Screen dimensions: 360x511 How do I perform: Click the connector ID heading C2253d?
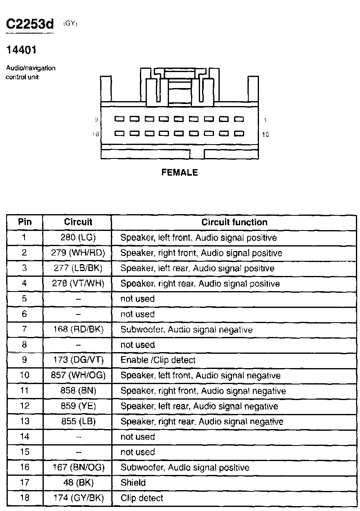tap(30, 25)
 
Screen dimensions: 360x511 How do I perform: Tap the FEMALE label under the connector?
tap(180, 172)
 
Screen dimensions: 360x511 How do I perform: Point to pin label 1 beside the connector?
tap(265, 120)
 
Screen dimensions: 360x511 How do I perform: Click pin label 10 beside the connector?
tap(265, 134)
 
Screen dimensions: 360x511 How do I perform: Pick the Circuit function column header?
tap(234, 222)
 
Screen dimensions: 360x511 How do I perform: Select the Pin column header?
tap(25, 222)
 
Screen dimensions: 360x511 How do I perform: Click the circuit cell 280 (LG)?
tap(78, 237)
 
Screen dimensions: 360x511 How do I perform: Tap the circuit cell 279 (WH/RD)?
tap(78, 253)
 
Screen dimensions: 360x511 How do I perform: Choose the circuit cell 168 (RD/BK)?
tap(78, 330)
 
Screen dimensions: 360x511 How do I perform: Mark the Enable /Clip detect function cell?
tap(158, 360)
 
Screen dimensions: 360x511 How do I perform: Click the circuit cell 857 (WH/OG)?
tap(78, 375)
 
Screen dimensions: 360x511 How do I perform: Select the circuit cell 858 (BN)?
tap(78, 391)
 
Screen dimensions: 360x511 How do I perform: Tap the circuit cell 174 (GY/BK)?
tap(78, 498)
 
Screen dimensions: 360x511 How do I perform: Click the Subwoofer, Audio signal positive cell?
tap(184, 468)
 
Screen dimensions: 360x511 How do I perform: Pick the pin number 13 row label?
tap(25, 422)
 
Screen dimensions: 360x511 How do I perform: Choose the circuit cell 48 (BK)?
tap(78, 483)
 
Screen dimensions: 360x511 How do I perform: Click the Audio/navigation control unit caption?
tap(30, 72)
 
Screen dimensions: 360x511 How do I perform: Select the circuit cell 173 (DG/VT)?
tap(78, 360)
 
